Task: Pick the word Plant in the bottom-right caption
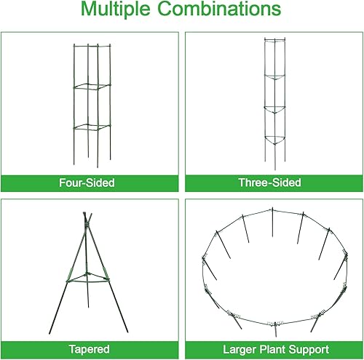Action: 268,350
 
